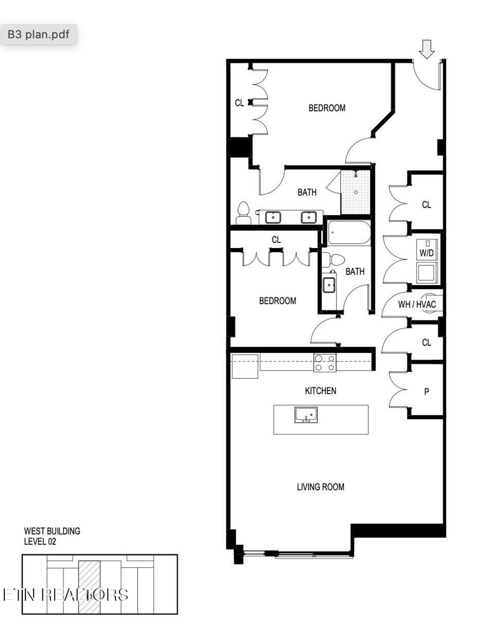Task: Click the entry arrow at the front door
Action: pyautogui.click(x=427, y=49)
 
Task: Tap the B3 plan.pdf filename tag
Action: pyautogui.click(x=38, y=35)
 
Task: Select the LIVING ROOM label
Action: pyautogui.click(x=320, y=487)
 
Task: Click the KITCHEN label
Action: pyautogui.click(x=320, y=391)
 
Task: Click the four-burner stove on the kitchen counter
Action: pyautogui.click(x=325, y=363)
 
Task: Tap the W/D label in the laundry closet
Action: pyautogui.click(x=427, y=253)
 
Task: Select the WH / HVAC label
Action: pyautogui.click(x=417, y=304)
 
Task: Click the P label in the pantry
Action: pyautogui.click(x=427, y=392)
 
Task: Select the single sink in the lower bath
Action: pyautogui.click(x=329, y=285)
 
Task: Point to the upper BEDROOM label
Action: pyautogui.click(x=327, y=108)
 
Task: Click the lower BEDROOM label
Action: pyautogui.click(x=277, y=301)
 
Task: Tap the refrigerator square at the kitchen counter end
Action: pyautogui.click(x=244, y=366)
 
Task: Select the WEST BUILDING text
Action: pyautogui.click(x=52, y=531)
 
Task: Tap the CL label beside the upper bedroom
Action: pyautogui.click(x=239, y=103)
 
